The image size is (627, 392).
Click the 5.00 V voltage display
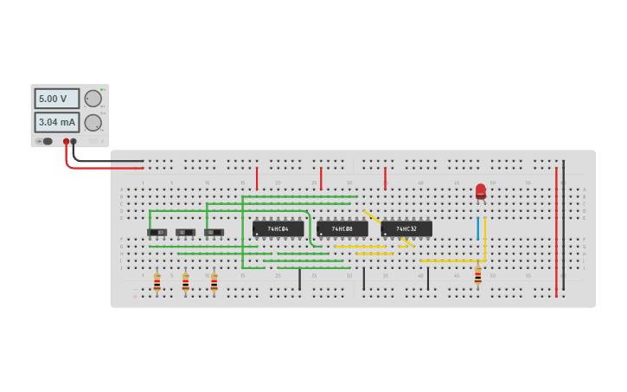pos(56,99)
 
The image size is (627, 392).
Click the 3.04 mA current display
pos(56,122)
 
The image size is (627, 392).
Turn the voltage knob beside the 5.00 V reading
pos(93,99)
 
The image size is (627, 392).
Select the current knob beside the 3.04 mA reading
pos(93,122)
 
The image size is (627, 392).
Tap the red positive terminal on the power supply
pos(66,141)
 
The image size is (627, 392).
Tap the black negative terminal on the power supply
pos(74,141)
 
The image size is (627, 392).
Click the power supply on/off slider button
pos(46,141)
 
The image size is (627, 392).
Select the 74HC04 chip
pos(278,229)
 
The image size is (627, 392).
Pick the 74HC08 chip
pos(342,229)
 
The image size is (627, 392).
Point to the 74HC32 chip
pos(406,229)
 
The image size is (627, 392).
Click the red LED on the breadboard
pos(481,191)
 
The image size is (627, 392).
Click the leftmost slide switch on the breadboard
pos(157,232)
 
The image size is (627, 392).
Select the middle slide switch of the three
pos(185,232)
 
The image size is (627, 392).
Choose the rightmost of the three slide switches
pos(214,232)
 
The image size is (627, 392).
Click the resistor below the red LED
pos(477,275)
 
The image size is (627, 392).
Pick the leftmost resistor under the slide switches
pos(157,282)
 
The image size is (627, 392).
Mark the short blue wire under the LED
pos(477,228)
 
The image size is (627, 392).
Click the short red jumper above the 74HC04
pos(257,178)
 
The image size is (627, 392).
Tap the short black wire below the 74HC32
pos(427,279)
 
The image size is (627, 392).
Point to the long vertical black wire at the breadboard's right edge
pos(563,225)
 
